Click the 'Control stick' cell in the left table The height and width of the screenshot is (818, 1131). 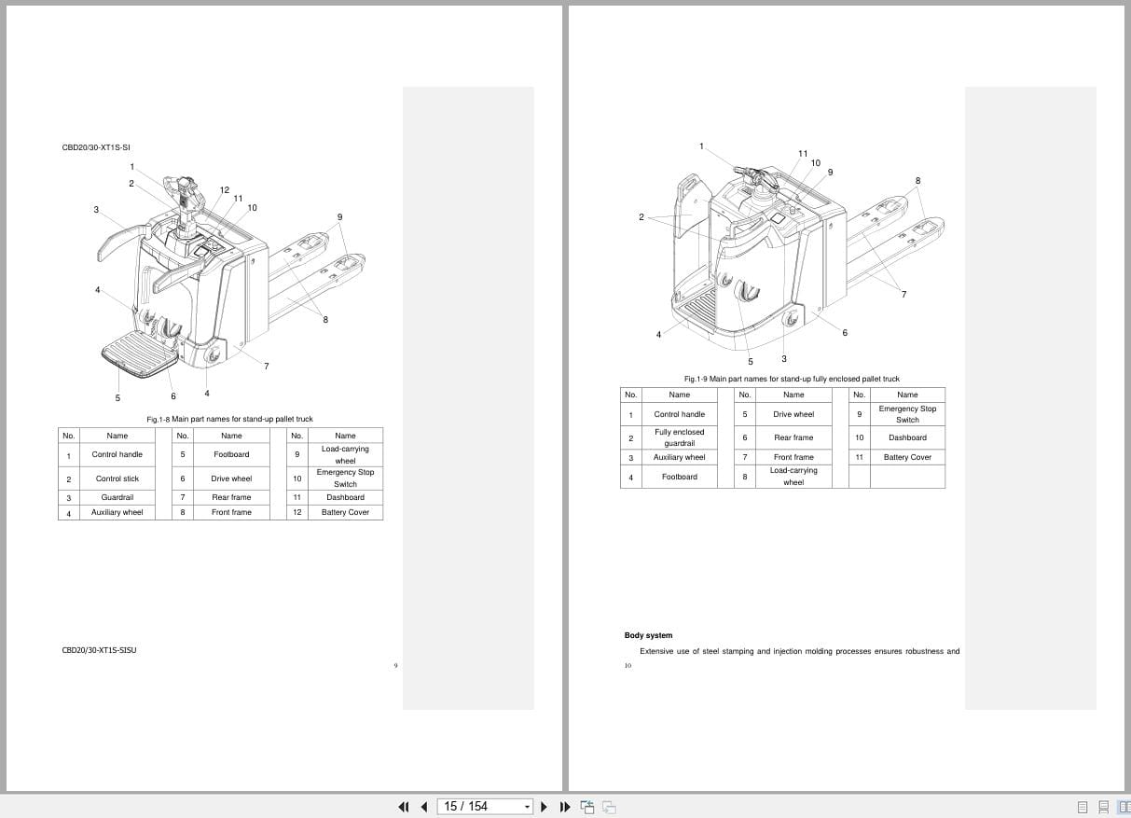(117, 478)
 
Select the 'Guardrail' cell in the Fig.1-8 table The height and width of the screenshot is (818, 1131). (117, 497)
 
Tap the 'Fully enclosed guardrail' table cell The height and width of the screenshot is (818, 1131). (679, 437)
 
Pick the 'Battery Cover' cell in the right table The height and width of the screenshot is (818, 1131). (907, 457)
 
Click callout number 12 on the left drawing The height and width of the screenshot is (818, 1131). (225, 190)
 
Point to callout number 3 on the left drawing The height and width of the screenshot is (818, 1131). (96, 209)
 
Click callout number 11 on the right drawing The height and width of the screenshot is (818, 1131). (803, 154)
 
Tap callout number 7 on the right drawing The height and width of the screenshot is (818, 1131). (903, 294)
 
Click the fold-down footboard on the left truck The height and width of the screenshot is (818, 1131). (140, 354)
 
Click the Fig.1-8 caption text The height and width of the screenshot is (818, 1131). (229, 419)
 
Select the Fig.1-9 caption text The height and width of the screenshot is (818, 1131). (792, 379)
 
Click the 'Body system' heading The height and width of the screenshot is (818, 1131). (648, 635)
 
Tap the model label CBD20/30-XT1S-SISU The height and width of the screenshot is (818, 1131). (99, 650)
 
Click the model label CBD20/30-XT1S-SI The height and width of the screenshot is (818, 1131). (96, 147)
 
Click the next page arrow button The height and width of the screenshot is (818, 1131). (544, 807)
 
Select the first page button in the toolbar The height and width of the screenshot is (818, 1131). (404, 807)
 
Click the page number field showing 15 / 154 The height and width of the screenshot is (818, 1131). (485, 807)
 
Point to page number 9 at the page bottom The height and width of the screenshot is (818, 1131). (396, 666)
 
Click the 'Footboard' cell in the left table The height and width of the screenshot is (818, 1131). (231, 454)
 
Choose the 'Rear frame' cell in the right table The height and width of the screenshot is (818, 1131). (793, 437)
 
